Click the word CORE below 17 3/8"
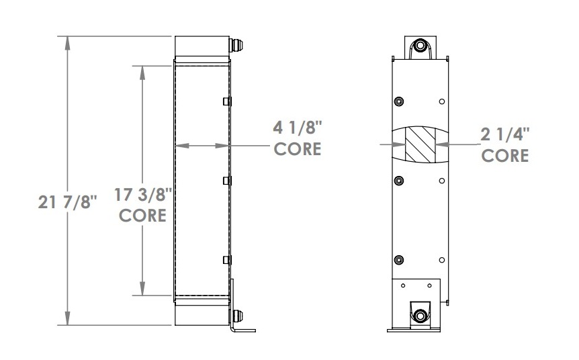pos(142,216)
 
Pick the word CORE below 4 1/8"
pos(297,148)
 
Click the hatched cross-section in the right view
pos(420,143)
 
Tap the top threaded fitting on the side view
pos(238,46)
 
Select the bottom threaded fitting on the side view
pos(238,315)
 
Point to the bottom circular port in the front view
pos(420,315)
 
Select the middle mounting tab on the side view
pos(227,181)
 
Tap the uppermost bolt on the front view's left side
pos(400,101)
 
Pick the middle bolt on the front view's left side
pos(400,181)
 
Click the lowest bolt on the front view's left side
pos(400,260)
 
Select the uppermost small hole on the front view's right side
pos(441,101)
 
